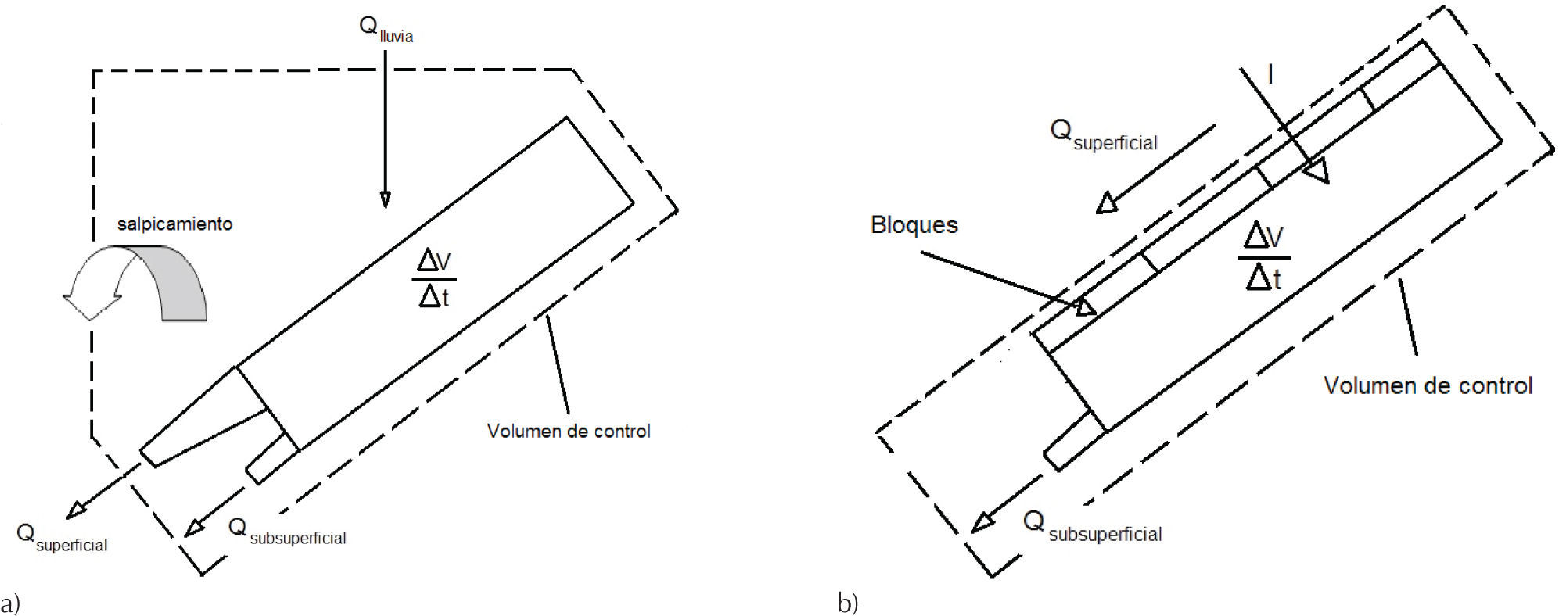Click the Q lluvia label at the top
pos(386,30)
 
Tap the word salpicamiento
pos(174,224)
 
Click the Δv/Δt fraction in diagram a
pos(434,279)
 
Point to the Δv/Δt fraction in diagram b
pos(1263,256)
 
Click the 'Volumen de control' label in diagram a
pos(569,431)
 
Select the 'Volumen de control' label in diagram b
pos(1428,385)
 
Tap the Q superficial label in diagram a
pos(63,538)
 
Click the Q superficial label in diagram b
pos(1104,134)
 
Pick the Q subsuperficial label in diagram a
pos(287,532)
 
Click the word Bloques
pos(914,225)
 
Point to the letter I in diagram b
pos(1270,74)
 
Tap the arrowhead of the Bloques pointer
pos(1086,306)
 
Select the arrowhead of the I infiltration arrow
pos(1318,171)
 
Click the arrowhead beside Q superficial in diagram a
pos(75,510)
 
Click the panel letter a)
pos(11,603)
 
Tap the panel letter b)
pos(847,603)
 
